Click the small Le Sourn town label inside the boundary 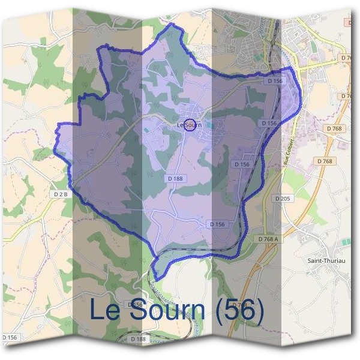click(189, 125)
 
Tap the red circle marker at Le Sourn click(190, 125)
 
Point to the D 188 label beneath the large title click(138, 339)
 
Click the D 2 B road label click(61, 194)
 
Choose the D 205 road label click(282, 198)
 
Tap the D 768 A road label click(268, 239)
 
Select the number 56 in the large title click(238, 310)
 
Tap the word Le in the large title click(106, 310)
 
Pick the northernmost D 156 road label click(275, 80)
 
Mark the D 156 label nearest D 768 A click(218, 224)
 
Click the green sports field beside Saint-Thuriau click(344, 242)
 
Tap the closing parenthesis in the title click(259, 310)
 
